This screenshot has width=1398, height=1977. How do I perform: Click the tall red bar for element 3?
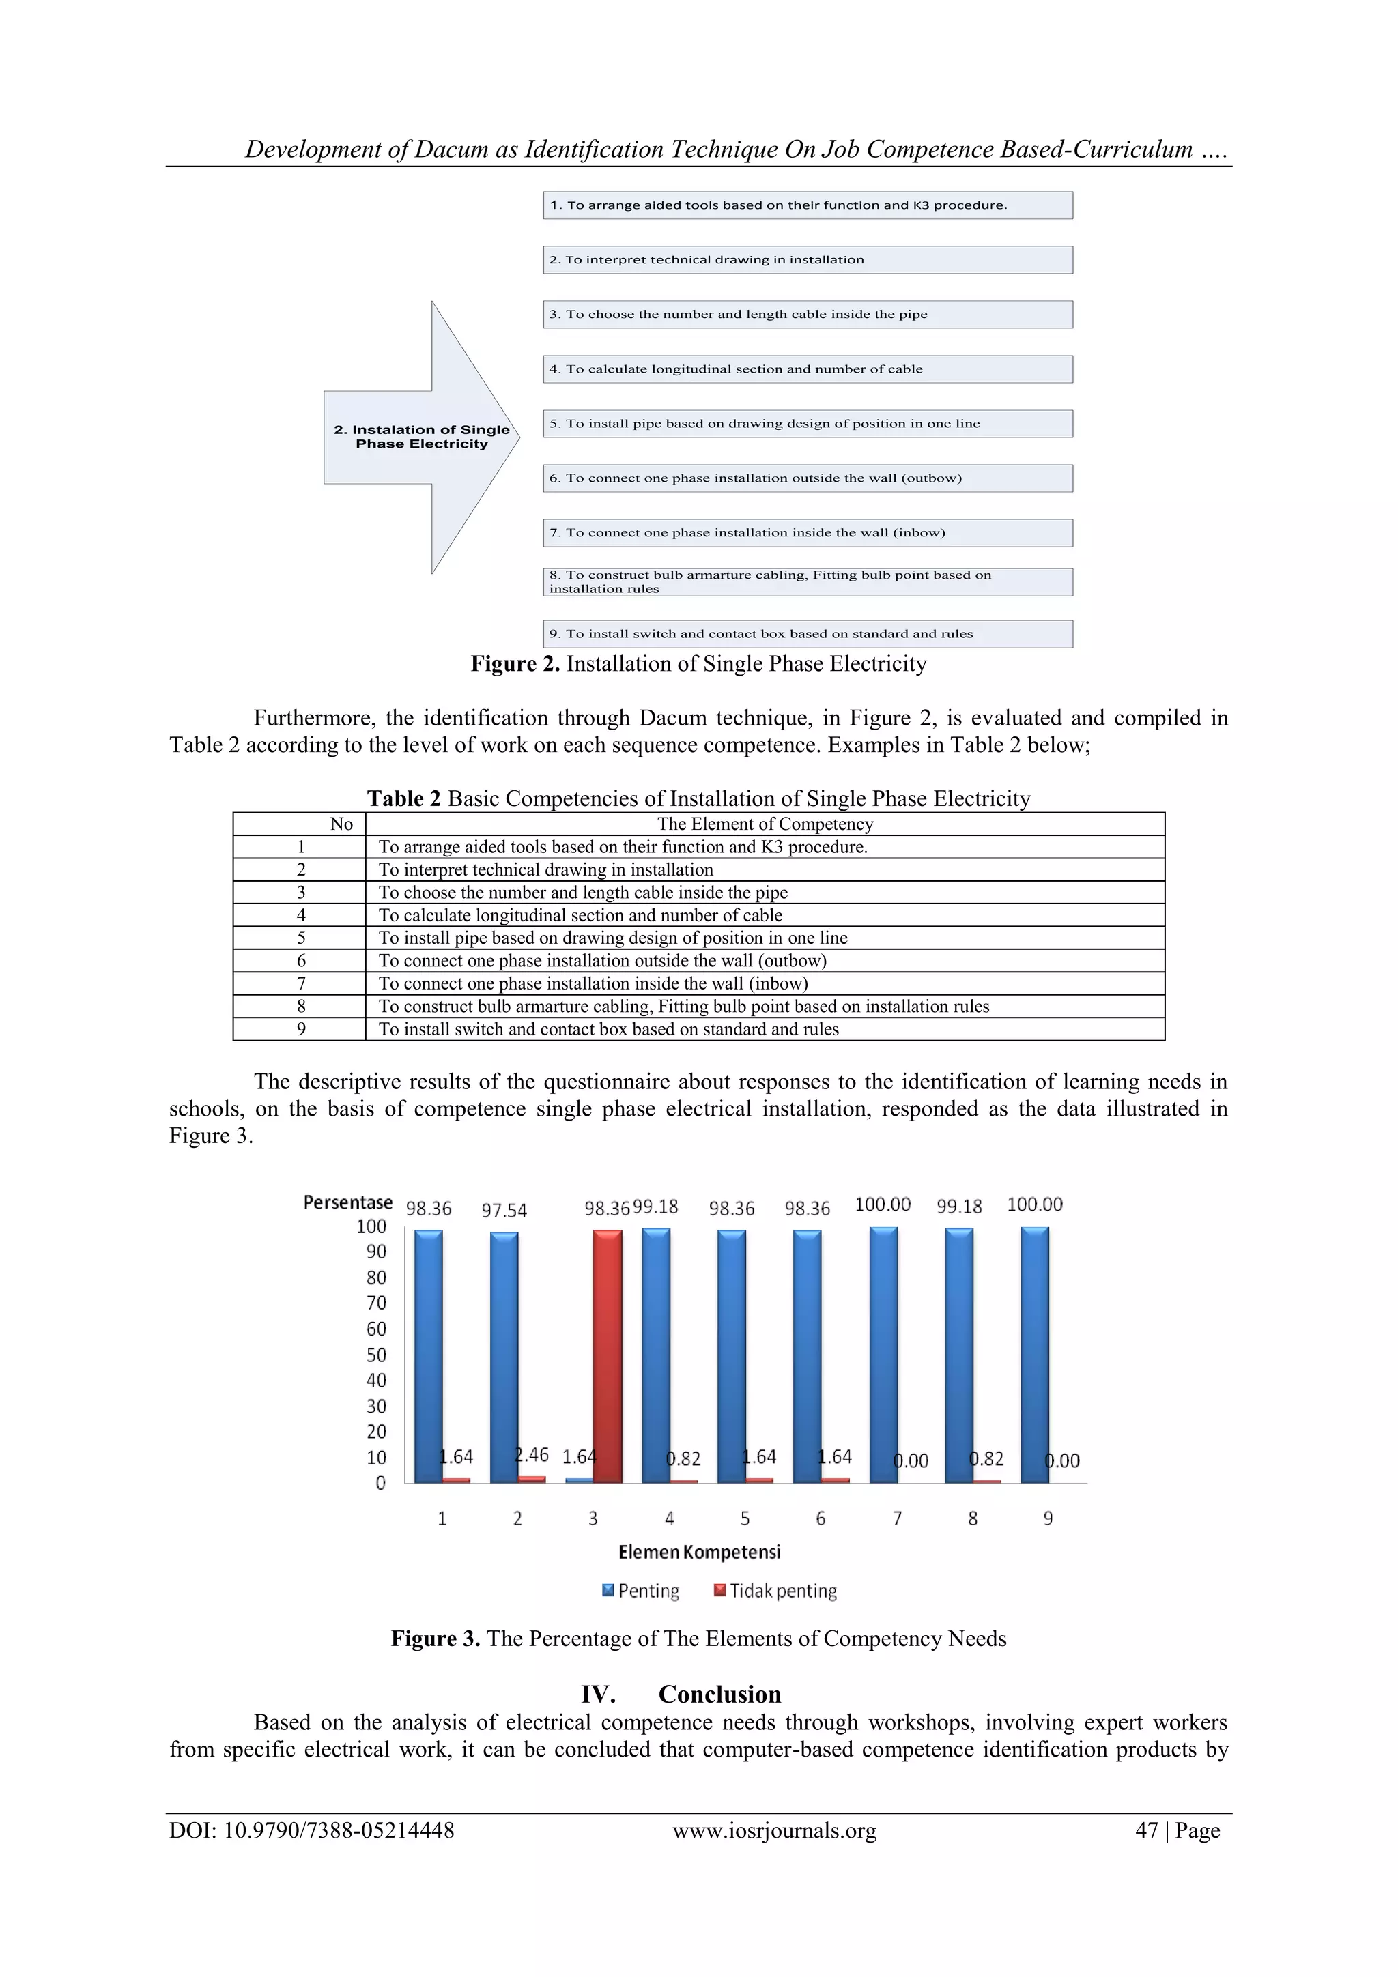[608, 1356]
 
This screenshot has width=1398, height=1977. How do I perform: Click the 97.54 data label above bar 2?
[504, 1211]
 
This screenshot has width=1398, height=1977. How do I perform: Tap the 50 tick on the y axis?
[376, 1355]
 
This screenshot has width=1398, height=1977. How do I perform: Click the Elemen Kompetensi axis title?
[700, 1552]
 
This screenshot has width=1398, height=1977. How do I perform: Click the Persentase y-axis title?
[348, 1202]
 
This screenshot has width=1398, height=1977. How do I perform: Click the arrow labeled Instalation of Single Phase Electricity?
[421, 437]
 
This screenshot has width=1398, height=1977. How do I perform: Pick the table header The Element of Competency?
[765, 824]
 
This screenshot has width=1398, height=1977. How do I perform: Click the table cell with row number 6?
[300, 960]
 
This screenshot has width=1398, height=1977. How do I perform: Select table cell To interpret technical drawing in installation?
[546, 869]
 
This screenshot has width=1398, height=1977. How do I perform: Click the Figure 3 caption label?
[435, 1638]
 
